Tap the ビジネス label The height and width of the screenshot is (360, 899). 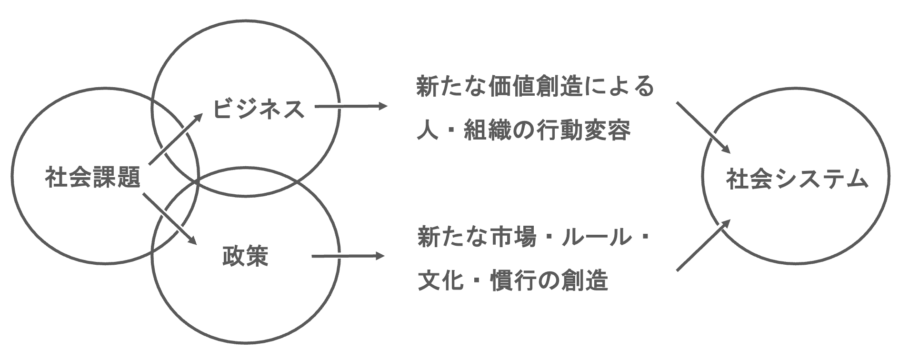(x=258, y=109)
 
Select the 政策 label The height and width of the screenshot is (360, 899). (x=245, y=256)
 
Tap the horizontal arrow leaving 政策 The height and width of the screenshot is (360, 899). (x=348, y=257)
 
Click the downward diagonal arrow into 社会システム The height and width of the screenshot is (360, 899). (x=703, y=127)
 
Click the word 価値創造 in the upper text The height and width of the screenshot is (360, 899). (x=537, y=88)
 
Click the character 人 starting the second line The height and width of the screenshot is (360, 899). (x=427, y=130)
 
